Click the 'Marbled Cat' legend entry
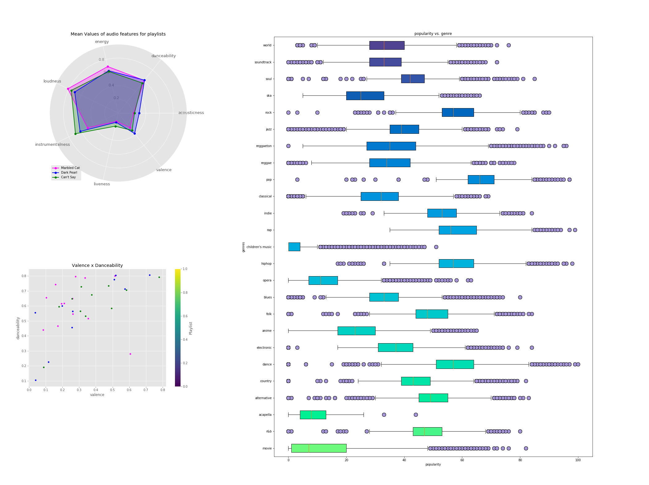[x=70, y=168]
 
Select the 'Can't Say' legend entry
[x=68, y=177]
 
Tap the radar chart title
[x=118, y=34]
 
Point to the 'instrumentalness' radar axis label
[x=52, y=145]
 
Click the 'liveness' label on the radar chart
[x=102, y=184]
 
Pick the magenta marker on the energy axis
[x=108, y=67]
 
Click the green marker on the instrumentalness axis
[x=75, y=134]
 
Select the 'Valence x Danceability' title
[x=97, y=265]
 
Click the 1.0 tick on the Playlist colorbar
[x=185, y=269]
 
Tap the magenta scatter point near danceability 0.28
[x=130, y=354]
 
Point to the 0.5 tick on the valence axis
[x=113, y=390]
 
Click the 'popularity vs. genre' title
[x=433, y=34]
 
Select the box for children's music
[x=294, y=247]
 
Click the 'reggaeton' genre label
[x=264, y=146]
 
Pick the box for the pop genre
[x=481, y=180]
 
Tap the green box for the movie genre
[x=318, y=448]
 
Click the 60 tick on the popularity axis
[x=462, y=460]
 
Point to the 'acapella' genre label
[x=265, y=415]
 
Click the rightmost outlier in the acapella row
[x=416, y=415]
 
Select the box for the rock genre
[x=458, y=112]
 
